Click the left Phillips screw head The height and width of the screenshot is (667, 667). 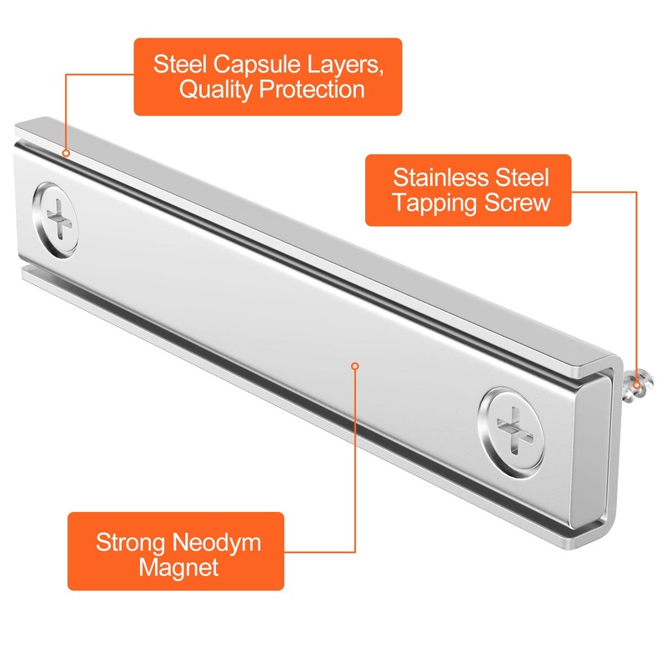pyautogui.click(x=55, y=220)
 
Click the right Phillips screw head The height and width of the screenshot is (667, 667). pyautogui.click(x=512, y=429)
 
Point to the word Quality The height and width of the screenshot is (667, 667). pyautogui.click(x=215, y=90)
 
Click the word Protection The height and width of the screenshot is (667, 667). pyautogui.click(x=312, y=89)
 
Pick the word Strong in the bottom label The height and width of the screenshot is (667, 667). pyautogui.click(x=131, y=544)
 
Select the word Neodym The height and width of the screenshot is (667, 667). pyautogui.click(x=217, y=544)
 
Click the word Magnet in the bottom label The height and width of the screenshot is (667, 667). pyautogui.click(x=178, y=568)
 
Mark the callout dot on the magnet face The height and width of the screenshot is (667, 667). pyautogui.click(x=355, y=366)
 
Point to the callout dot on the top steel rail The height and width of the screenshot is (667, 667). pyautogui.click(x=66, y=153)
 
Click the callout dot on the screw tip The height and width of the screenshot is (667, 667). pyautogui.click(x=636, y=385)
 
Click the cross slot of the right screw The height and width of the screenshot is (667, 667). pyautogui.click(x=514, y=429)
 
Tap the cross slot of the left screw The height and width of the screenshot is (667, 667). pyautogui.click(x=58, y=220)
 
